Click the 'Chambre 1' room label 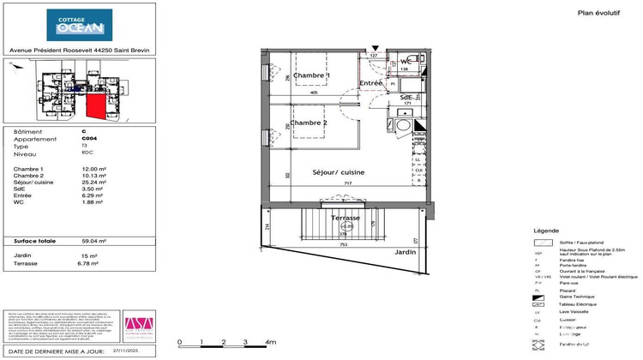point(310,76)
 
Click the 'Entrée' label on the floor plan point(370,83)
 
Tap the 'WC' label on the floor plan point(406,62)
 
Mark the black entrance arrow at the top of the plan point(375,50)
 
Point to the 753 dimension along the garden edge point(344,244)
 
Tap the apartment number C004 point(89,139)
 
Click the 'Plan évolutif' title point(574,12)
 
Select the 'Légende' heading point(547,231)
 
